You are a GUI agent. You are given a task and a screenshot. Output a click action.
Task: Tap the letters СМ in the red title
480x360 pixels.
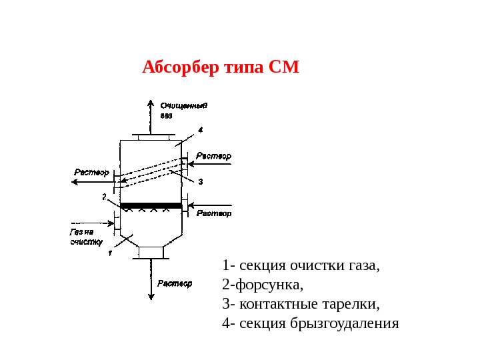pyautogui.click(x=284, y=68)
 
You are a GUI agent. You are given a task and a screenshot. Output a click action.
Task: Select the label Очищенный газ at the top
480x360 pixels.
pyautogui.click(x=184, y=109)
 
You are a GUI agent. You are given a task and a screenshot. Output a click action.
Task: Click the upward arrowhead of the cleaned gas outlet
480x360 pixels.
pyautogui.click(x=149, y=103)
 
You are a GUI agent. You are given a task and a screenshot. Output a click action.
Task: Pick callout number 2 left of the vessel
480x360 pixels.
pyautogui.click(x=104, y=197)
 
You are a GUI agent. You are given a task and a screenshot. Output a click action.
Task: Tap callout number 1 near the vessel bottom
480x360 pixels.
pyautogui.click(x=110, y=253)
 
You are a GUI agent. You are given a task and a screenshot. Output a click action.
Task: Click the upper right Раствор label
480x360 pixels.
pyautogui.click(x=214, y=156)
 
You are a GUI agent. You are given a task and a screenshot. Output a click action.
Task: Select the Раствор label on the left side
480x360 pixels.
pyautogui.click(x=91, y=172)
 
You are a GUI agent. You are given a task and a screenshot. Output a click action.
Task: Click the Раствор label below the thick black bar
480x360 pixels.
pyautogui.click(x=214, y=213)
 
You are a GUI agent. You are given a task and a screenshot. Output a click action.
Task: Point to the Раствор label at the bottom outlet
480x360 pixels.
pyautogui.click(x=175, y=283)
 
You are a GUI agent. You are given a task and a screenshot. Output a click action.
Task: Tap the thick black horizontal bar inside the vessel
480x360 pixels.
pyautogui.click(x=151, y=206)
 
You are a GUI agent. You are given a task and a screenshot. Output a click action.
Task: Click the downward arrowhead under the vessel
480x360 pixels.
pyautogui.click(x=150, y=301)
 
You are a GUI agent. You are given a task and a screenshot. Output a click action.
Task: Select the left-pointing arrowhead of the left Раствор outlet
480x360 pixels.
pyautogui.click(x=74, y=181)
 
